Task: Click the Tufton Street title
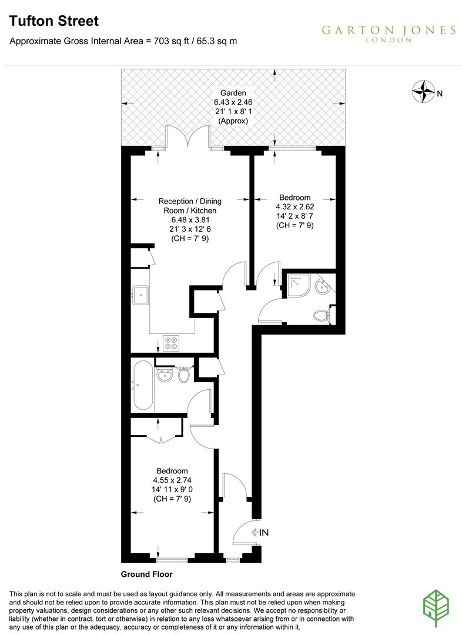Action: coord(53,22)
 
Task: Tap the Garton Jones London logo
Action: coord(388,34)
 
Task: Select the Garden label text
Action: coord(233,93)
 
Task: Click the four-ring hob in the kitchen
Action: coord(172,343)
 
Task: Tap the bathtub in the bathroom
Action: coord(143,386)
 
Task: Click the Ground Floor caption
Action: coord(146,574)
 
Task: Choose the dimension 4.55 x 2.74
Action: coord(172,480)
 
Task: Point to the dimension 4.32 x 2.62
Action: coord(294,207)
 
